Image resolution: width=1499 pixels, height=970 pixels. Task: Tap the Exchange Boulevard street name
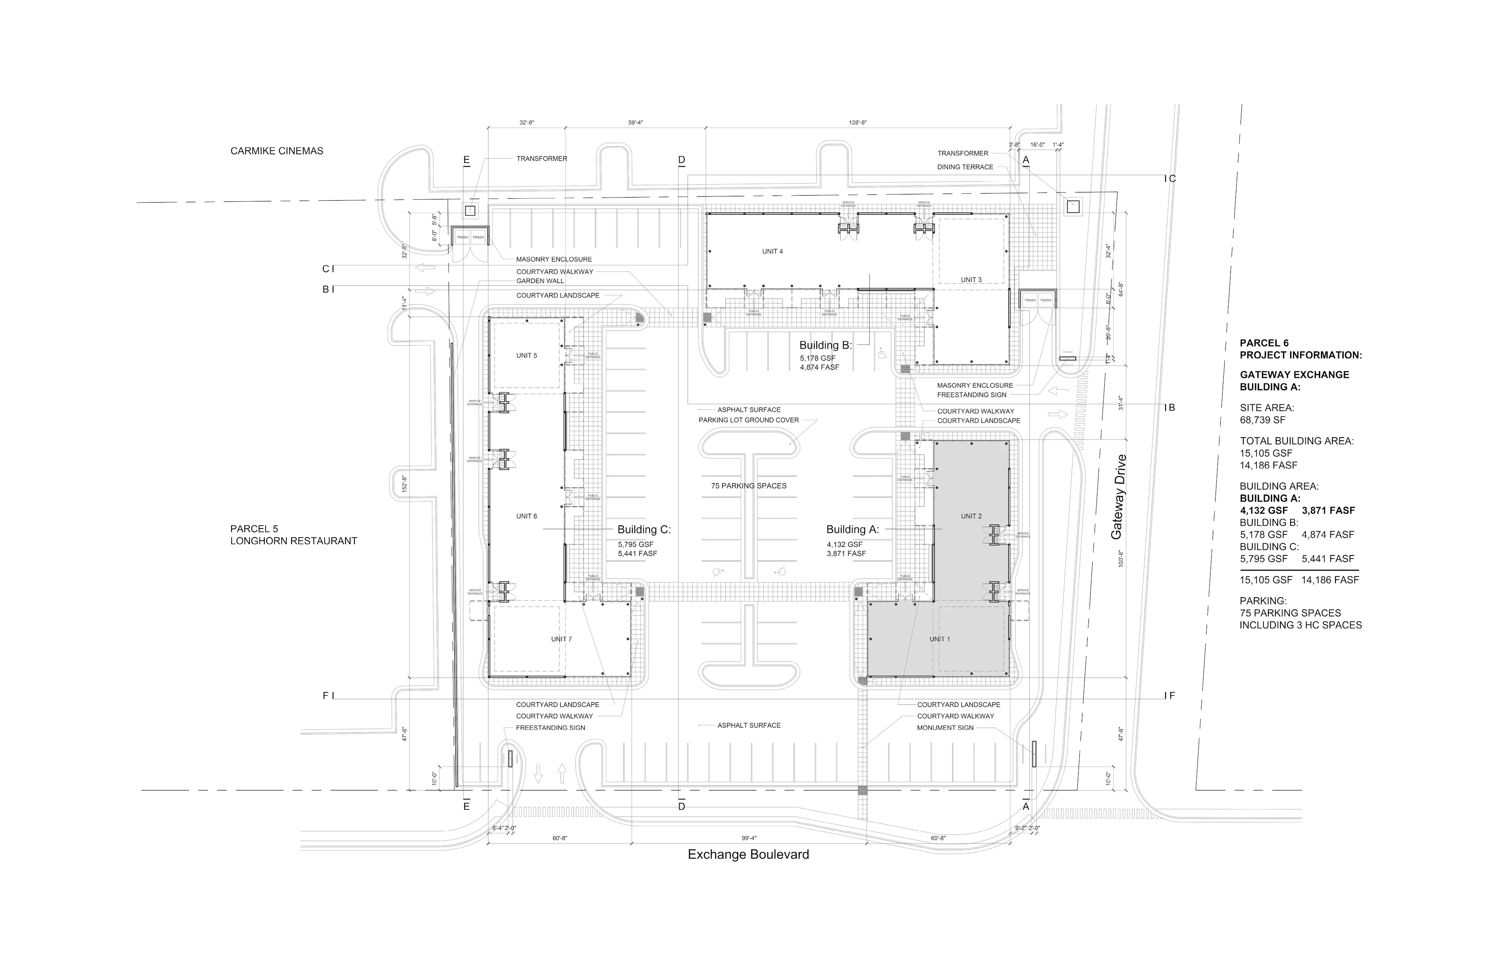pos(748,855)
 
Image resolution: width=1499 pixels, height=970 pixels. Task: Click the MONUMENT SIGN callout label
pos(945,728)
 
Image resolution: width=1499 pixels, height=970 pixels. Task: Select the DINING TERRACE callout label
pos(965,167)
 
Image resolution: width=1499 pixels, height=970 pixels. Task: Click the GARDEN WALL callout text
pos(540,281)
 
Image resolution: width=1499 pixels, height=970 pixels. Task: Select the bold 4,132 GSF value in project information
pos(1264,511)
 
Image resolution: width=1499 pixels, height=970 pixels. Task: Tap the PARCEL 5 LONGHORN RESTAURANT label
pos(294,535)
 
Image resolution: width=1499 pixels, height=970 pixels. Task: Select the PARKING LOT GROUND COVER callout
pos(748,420)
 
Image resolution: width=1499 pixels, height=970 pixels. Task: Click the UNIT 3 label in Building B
pos(970,279)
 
